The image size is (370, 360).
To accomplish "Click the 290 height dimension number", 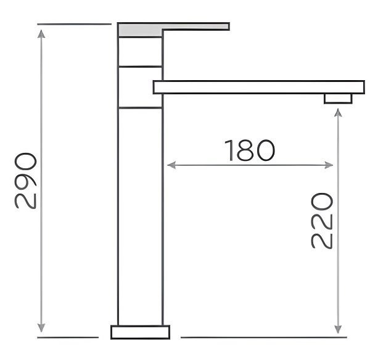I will point(27,181).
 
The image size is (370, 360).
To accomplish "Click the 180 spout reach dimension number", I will point(249,151).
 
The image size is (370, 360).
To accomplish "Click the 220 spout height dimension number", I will point(322,221).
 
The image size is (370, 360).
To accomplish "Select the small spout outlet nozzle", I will point(338,99).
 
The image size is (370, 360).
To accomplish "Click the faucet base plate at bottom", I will point(140,332).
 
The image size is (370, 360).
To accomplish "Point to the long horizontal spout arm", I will point(259,87).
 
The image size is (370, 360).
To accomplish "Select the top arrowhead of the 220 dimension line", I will point(338,113).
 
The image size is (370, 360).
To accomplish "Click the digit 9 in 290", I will point(27,181).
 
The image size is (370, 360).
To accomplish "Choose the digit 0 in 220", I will point(322,202).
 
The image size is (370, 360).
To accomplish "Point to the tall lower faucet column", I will point(140,216).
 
